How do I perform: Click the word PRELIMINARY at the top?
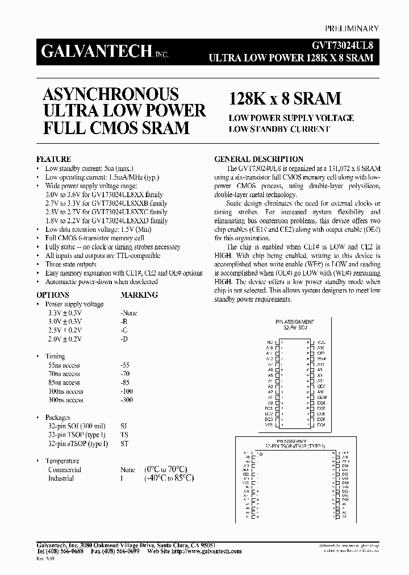pos(352,28)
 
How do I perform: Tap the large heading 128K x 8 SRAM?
pos(285,98)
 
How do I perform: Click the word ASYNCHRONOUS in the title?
pos(111,94)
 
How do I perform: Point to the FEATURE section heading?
pos(53,160)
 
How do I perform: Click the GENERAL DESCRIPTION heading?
pos(258,160)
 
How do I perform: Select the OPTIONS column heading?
pos(53,295)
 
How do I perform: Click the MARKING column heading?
pos(139,295)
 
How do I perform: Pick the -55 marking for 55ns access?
pos(126,365)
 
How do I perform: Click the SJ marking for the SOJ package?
pos(124,426)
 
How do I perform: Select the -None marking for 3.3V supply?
pos(129,313)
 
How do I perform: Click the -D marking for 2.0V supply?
pos(124,339)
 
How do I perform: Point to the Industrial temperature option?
pos(61,478)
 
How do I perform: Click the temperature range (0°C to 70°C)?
pos(166,469)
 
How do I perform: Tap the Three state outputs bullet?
pos(71,264)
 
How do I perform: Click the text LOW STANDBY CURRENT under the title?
pos(279,130)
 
